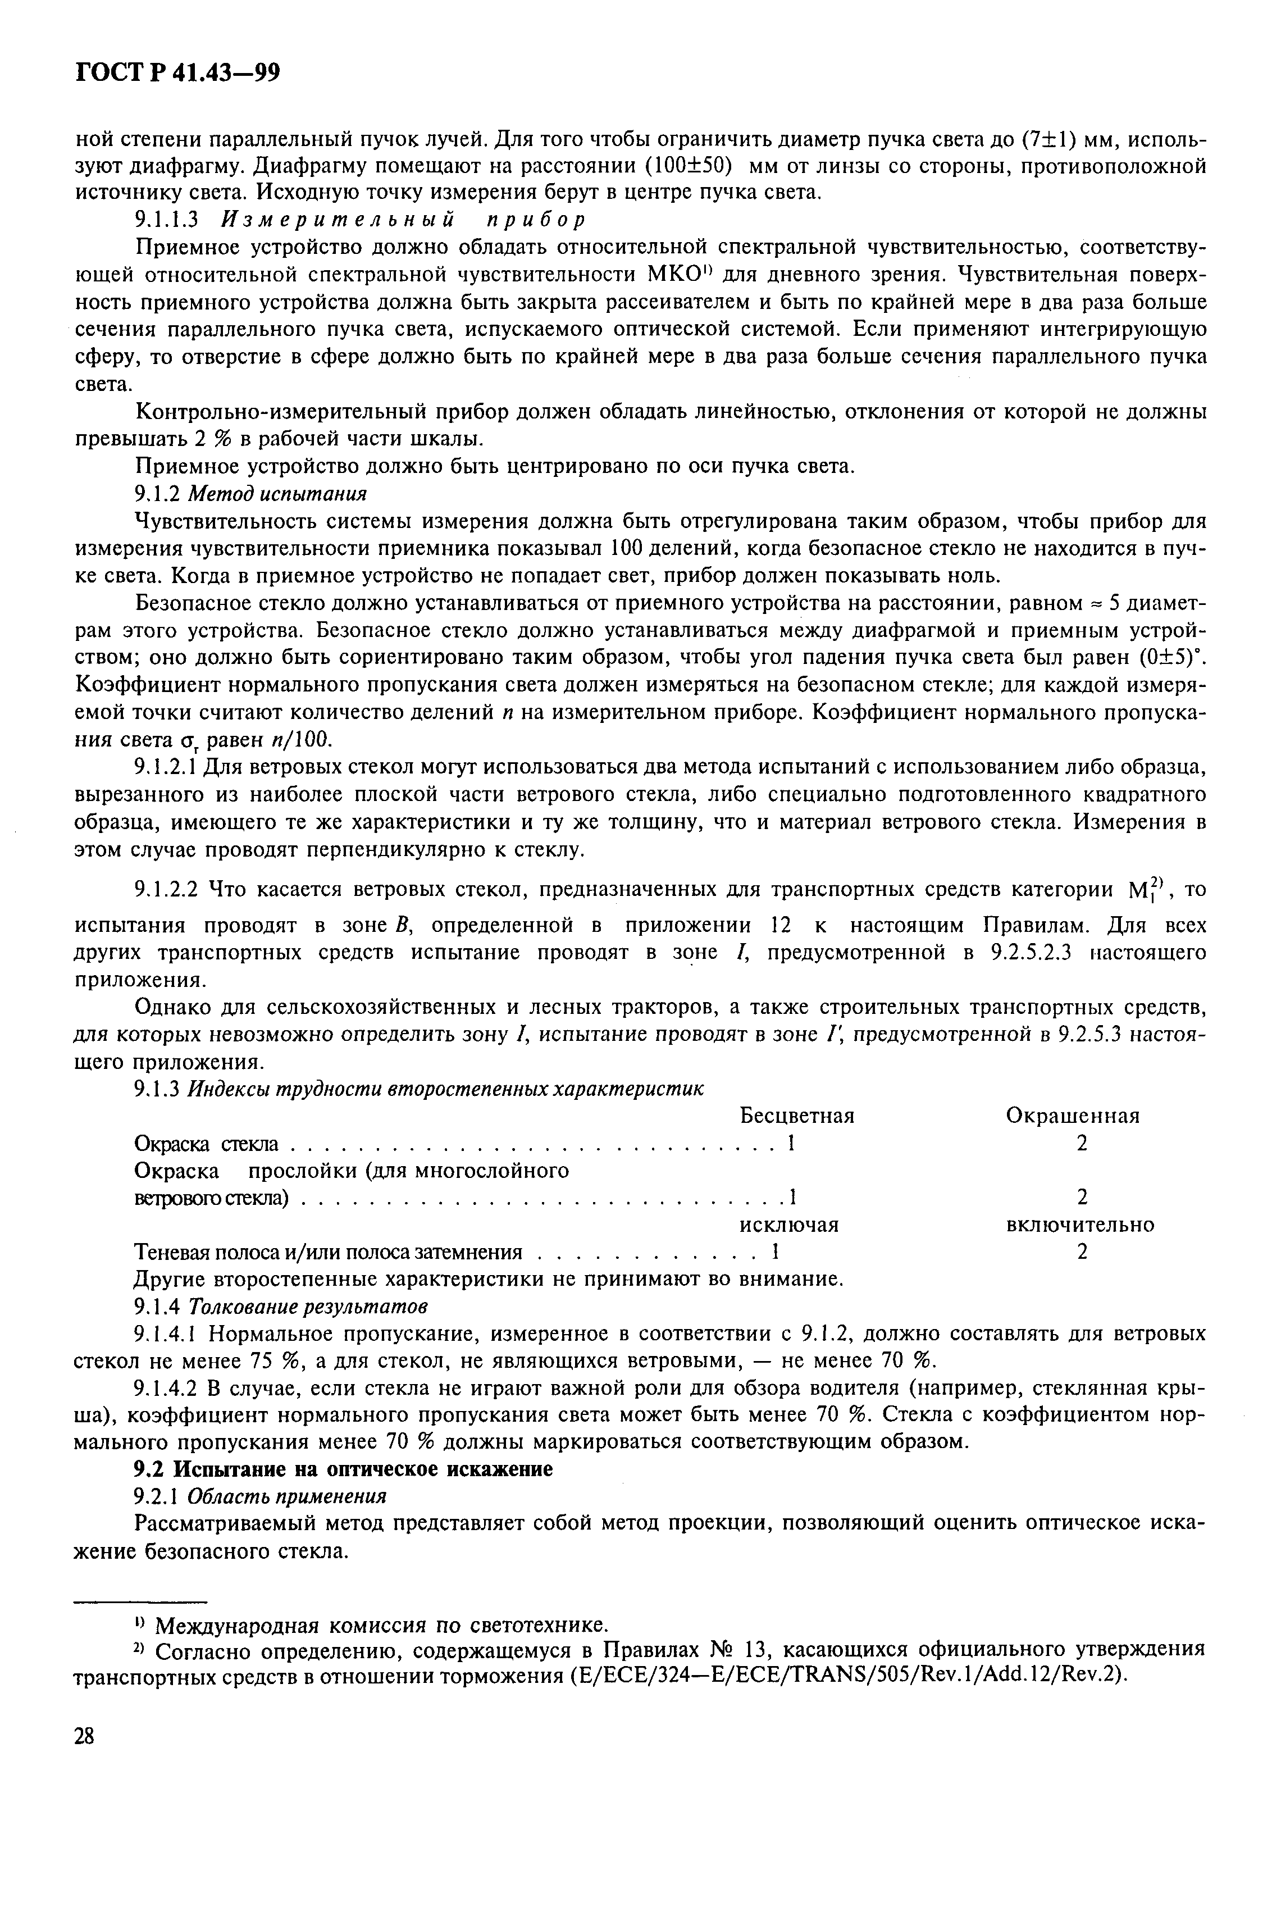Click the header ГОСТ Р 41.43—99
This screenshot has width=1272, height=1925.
click(x=177, y=74)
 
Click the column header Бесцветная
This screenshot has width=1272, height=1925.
click(x=797, y=1116)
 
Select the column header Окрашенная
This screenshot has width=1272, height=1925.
click(x=1073, y=1116)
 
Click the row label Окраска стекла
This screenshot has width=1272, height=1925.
click(x=206, y=1144)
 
